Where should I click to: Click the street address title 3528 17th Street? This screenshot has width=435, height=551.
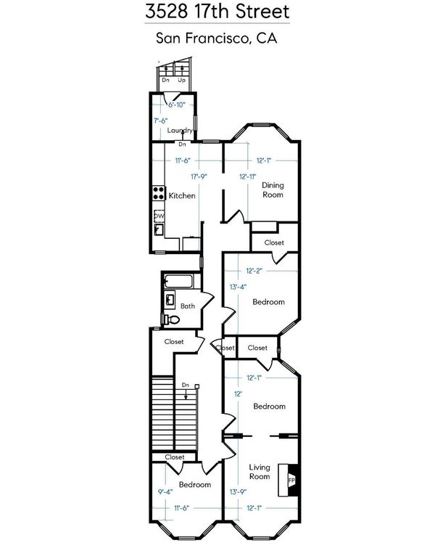(x=217, y=11)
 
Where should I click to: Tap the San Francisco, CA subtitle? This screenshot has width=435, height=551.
(x=217, y=38)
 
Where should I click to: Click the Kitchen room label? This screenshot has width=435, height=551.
(x=182, y=196)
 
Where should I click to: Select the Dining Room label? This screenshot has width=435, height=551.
(x=273, y=189)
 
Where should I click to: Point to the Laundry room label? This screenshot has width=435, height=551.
(x=180, y=131)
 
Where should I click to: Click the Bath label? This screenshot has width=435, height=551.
(x=188, y=306)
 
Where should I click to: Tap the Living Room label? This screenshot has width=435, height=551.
(x=260, y=472)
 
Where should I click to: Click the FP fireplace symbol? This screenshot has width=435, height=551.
(x=291, y=480)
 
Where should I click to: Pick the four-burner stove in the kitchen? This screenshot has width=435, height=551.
(x=159, y=193)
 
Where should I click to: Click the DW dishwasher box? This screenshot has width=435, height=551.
(x=159, y=216)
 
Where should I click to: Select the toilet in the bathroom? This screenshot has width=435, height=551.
(x=171, y=319)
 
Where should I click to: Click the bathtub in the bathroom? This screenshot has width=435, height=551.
(x=178, y=282)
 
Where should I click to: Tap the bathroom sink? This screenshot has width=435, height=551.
(x=170, y=300)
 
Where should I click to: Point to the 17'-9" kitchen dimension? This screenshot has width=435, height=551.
(x=199, y=176)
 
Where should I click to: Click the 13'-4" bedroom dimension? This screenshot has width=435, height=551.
(x=239, y=287)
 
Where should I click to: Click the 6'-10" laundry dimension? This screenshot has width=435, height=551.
(x=176, y=105)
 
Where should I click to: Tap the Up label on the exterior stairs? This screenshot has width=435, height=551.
(x=181, y=81)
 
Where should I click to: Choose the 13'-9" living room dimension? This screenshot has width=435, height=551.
(x=239, y=492)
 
